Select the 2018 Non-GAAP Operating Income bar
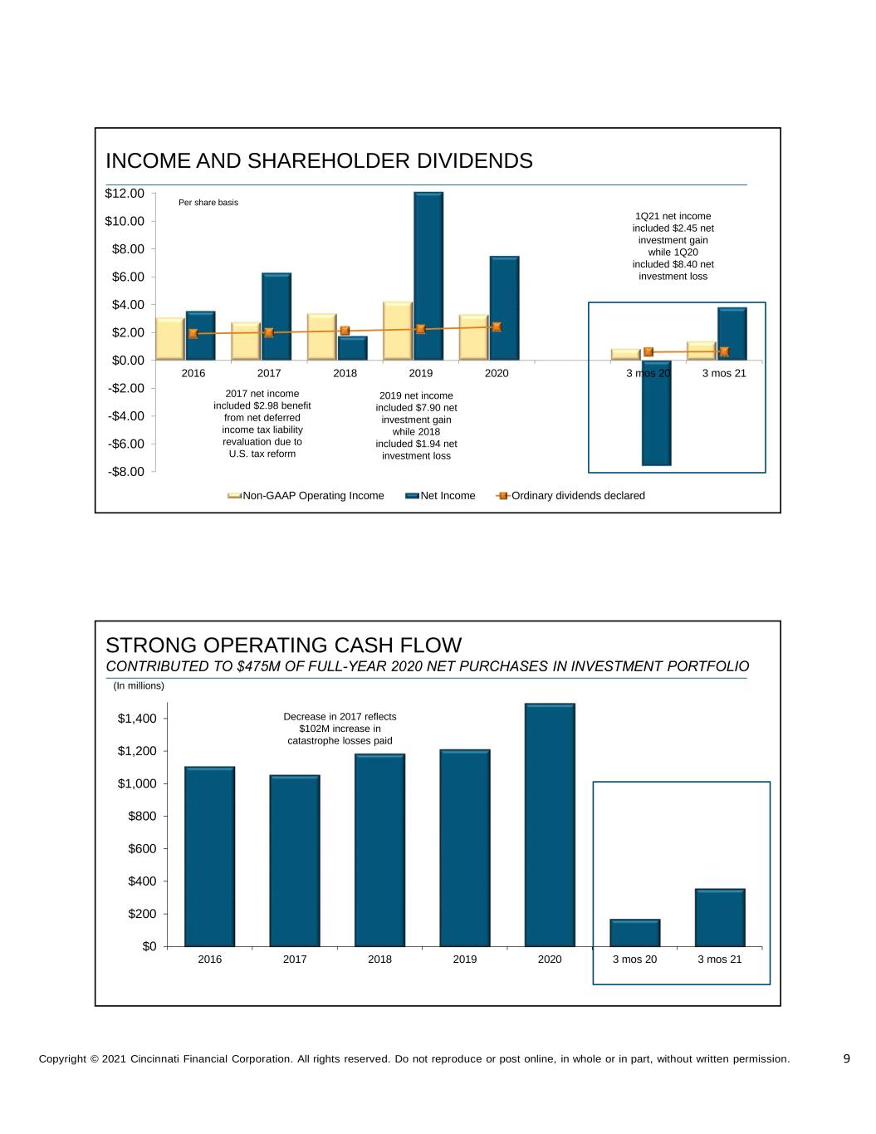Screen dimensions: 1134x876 (321, 336)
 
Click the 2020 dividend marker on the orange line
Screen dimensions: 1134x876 (497, 326)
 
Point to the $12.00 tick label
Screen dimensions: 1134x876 (125, 194)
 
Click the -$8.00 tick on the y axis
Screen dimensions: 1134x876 (125, 472)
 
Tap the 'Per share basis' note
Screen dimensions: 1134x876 (208, 203)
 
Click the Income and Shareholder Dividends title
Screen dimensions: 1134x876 (319, 161)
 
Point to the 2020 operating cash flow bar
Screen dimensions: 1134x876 (550, 824)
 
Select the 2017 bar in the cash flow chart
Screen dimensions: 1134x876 (295, 860)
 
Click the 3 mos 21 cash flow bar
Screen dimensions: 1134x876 (720, 917)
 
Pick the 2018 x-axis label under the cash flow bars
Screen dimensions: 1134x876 (379, 960)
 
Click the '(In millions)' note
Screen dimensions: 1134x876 (139, 686)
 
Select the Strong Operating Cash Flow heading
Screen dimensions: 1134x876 (284, 646)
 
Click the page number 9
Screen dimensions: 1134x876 (846, 1058)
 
